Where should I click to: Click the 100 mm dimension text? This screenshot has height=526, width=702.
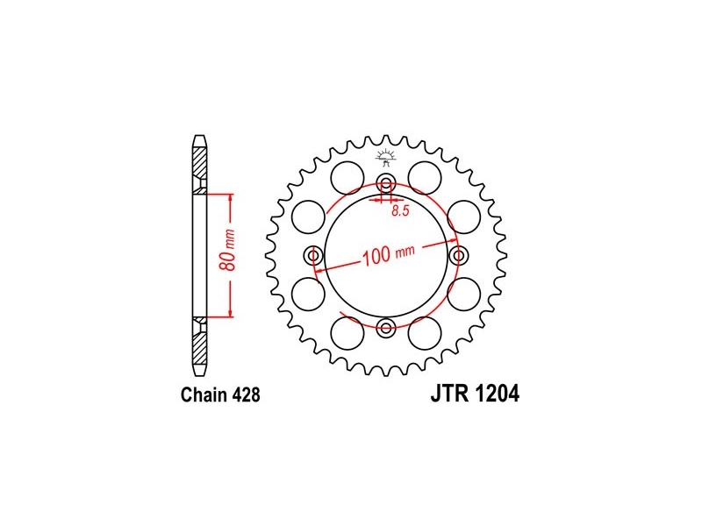tap(389, 255)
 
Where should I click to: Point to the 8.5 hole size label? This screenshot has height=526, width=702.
tap(400, 211)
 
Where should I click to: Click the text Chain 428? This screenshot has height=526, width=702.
tap(220, 395)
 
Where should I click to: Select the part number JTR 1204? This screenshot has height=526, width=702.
tap(475, 394)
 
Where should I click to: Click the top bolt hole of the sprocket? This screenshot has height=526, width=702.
tap(386, 183)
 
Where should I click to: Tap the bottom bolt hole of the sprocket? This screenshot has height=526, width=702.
tap(386, 328)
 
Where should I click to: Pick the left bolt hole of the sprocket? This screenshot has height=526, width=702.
tap(313, 256)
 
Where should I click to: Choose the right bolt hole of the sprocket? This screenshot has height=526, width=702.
tap(458, 256)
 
